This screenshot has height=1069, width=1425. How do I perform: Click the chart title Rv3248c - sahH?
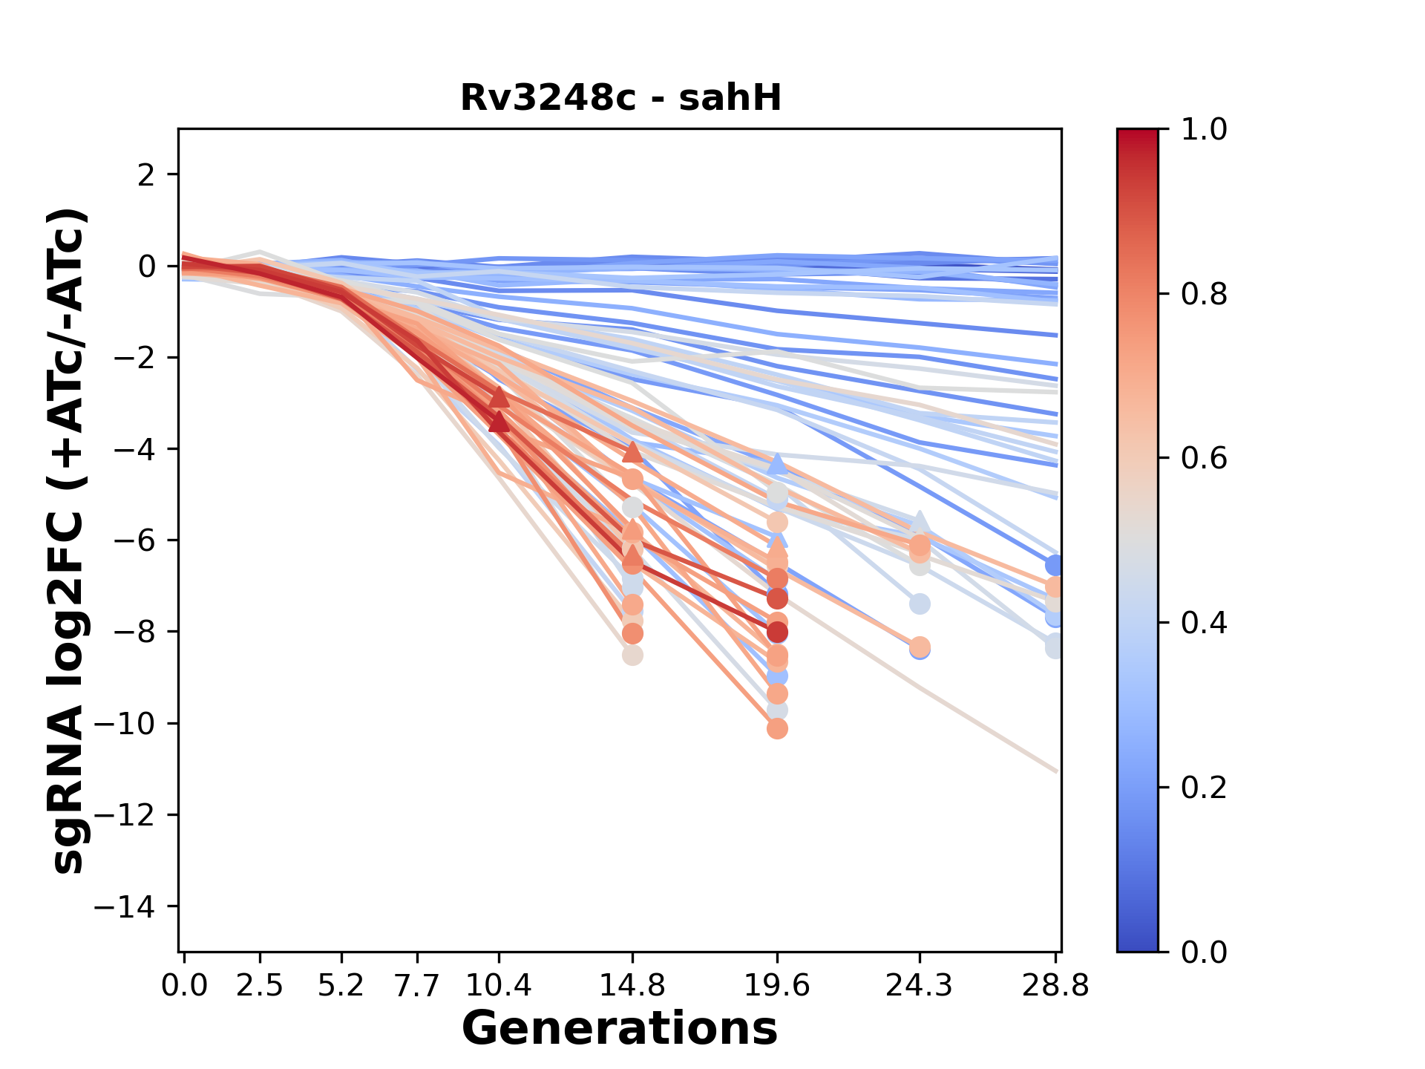pyautogui.click(x=620, y=98)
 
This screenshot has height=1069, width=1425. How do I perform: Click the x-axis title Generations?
pyautogui.click(x=620, y=1029)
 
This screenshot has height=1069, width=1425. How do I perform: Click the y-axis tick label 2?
pyautogui.click(x=147, y=174)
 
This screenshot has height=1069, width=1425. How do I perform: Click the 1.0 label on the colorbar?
pyautogui.click(x=1204, y=129)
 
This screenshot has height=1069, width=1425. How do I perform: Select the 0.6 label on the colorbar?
pyautogui.click(x=1204, y=458)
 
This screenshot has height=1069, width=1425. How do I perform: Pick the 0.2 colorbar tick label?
pyautogui.click(x=1204, y=787)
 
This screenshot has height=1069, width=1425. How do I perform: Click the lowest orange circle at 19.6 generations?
pyautogui.click(x=777, y=729)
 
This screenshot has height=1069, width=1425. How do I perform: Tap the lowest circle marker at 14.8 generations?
pyautogui.click(x=632, y=656)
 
